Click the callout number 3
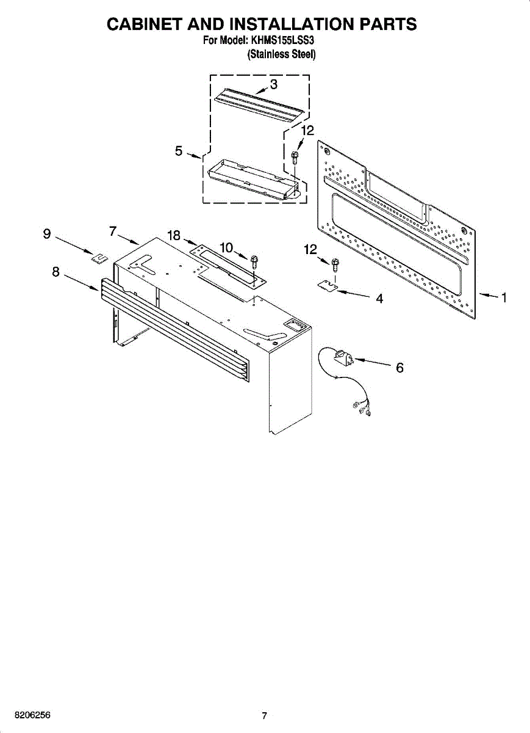274,84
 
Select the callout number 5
179,150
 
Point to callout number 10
226,247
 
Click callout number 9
47,233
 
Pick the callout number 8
56,272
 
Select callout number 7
113,231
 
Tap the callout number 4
379,299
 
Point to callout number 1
504,298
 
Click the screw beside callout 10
254,261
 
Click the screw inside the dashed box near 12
295,157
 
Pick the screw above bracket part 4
335,265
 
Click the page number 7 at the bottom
264,716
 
